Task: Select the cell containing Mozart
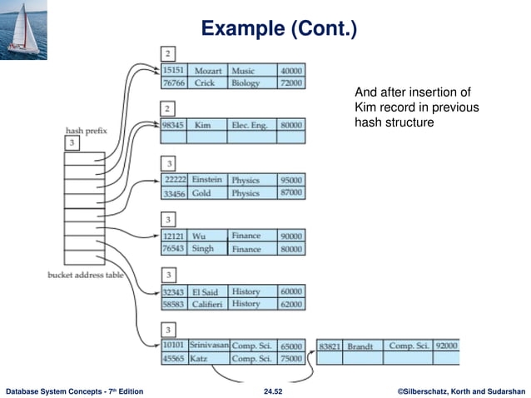tap(207, 71)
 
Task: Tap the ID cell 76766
tap(174, 83)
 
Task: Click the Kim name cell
tap(202, 124)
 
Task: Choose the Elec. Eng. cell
tap(251, 124)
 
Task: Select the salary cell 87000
tap(291, 193)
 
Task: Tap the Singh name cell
tap(204, 249)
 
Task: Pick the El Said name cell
tap(206, 291)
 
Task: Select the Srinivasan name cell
tap(208, 345)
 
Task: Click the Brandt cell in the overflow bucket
tap(360, 346)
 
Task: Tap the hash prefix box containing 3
tap(72, 143)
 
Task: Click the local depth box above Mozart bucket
tap(169, 54)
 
